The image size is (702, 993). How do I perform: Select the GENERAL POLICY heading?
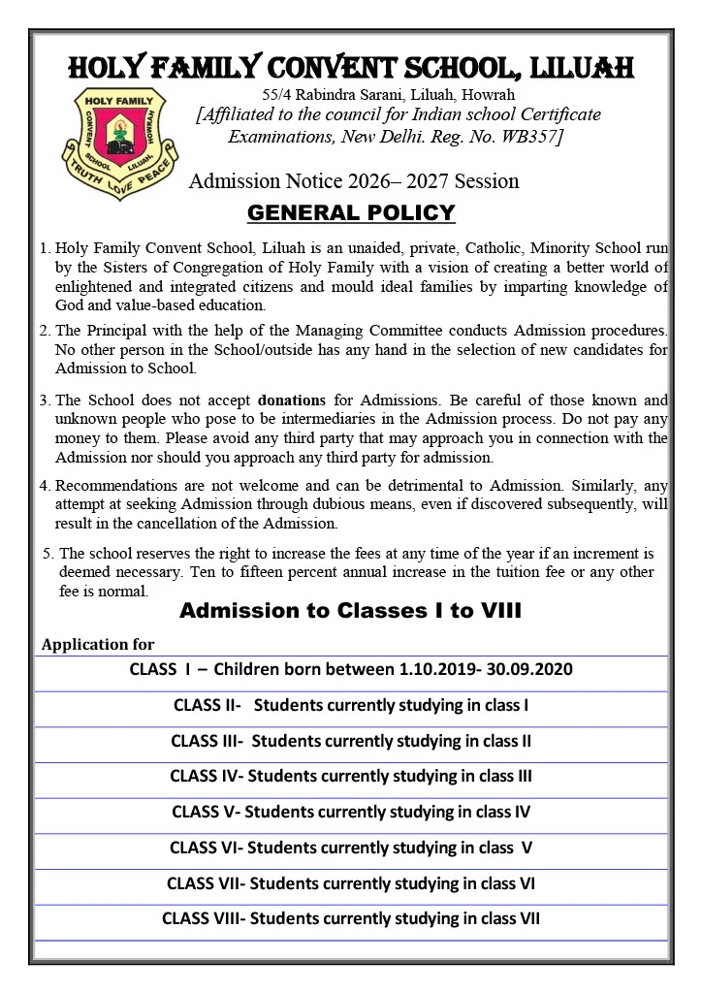point(351,212)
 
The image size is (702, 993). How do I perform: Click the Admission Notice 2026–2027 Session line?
point(354,181)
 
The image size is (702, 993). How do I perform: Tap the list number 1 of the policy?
point(45,248)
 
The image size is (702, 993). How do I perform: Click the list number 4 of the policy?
point(45,484)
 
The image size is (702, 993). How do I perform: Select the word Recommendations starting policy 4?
point(111,484)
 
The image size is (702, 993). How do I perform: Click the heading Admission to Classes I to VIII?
point(351,611)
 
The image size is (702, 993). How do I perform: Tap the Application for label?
point(98,644)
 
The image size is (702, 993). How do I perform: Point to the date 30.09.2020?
point(532,670)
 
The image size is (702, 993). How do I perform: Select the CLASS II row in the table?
point(351,705)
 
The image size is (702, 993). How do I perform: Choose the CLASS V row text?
point(351,812)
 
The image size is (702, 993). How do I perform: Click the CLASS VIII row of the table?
point(351,918)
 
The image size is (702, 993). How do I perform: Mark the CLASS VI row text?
point(351,848)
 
